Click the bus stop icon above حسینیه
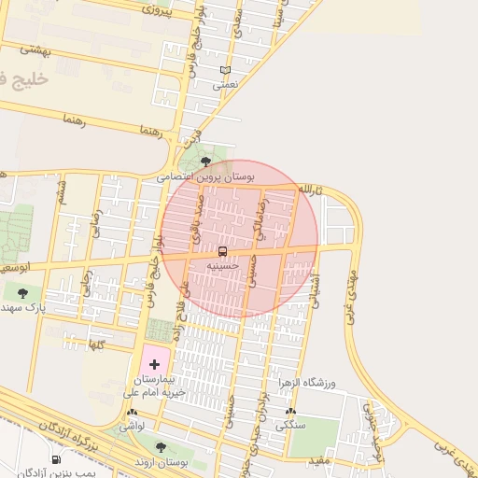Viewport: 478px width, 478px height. point(222,251)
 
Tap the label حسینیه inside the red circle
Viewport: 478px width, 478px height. point(223,265)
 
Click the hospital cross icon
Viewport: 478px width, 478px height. point(154,362)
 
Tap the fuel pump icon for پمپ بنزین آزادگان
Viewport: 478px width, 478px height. point(56,459)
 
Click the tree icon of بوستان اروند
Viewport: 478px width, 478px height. point(161,447)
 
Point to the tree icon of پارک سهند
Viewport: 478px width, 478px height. point(22,293)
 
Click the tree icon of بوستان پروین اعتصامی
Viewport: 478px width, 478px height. point(205,162)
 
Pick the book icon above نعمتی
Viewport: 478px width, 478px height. point(225,70)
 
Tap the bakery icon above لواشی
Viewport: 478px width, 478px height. point(132,412)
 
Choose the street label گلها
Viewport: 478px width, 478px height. point(94,344)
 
